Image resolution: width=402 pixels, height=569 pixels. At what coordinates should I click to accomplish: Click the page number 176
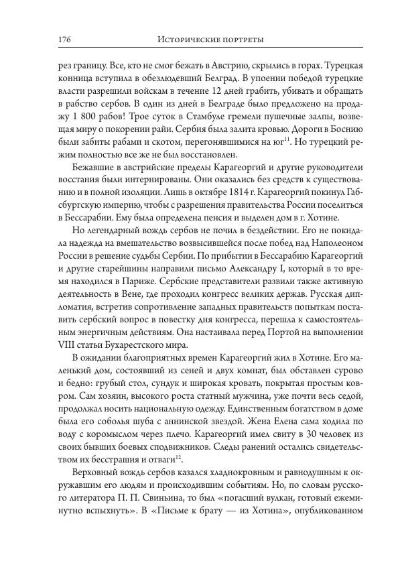[x=46, y=40]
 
